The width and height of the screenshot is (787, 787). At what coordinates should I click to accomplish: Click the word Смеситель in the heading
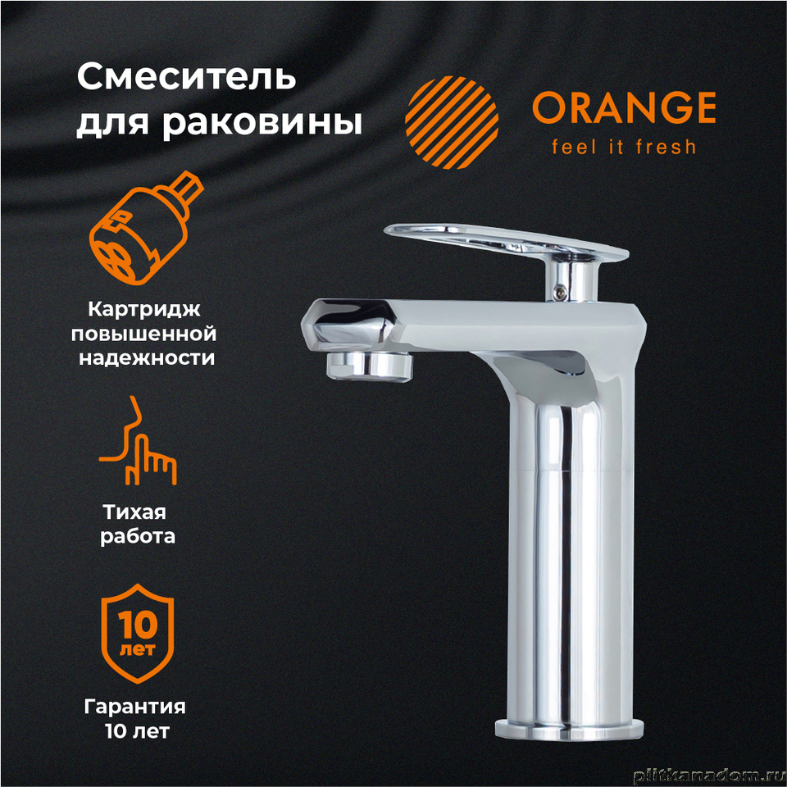tap(186, 77)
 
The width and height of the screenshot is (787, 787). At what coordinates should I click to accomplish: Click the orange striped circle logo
tap(452, 122)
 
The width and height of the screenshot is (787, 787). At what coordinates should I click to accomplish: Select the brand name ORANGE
tap(624, 107)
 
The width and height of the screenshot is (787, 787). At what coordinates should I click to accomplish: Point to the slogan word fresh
tap(666, 147)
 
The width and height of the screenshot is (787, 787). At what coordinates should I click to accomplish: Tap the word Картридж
tap(144, 309)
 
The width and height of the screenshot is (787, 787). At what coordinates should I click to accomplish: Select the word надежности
tap(147, 358)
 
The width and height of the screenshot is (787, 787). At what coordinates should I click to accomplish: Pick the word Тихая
tap(134, 512)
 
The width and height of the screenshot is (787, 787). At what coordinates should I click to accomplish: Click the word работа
tap(138, 536)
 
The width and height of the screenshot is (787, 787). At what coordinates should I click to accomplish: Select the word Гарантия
tap(134, 707)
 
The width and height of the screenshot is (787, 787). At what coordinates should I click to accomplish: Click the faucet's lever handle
tap(506, 242)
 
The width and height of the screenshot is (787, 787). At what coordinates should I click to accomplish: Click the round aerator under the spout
tap(370, 366)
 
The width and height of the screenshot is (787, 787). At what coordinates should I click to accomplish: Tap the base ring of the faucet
tap(569, 730)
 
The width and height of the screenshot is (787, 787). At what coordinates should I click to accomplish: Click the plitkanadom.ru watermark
tap(709, 776)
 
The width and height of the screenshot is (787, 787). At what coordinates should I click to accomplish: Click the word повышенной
tap(144, 334)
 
